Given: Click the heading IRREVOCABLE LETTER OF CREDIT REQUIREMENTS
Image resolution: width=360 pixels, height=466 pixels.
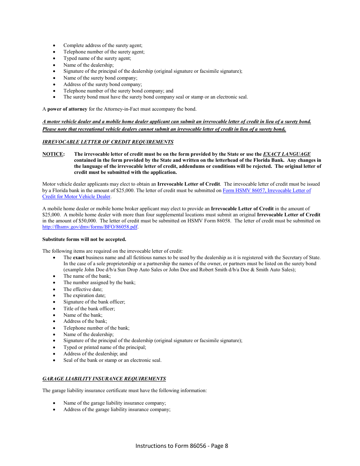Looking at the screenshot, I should click(x=108, y=142).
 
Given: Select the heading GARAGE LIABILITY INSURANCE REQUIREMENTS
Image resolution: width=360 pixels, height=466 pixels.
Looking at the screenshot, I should click(x=104, y=378).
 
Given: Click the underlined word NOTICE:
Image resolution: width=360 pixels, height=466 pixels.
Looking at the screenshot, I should click(x=53, y=154).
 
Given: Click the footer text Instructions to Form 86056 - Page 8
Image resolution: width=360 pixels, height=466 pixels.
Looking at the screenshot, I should click(x=182, y=446).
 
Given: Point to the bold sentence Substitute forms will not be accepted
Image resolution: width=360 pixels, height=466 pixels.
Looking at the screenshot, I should click(x=84, y=239).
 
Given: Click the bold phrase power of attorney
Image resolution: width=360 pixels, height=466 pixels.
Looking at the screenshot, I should click(x=67, y=109).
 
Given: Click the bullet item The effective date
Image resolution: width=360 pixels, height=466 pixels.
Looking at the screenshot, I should click(x=83, y=289).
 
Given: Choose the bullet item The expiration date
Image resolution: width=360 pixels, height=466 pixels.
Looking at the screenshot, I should click(x=84, y=296).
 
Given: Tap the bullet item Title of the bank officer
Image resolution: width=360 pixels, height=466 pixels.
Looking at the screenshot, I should click(x=89, y=308).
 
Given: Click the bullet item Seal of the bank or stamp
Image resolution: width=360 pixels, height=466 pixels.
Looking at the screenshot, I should click(x=112, y=360).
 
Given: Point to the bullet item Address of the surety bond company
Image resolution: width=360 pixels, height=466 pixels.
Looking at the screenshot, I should click(x=102, y=84).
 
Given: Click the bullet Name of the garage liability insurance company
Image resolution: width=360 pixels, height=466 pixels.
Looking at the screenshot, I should click(x=114, y=403).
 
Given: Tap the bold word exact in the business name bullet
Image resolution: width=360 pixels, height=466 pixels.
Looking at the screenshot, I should click(x=78, y=258).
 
